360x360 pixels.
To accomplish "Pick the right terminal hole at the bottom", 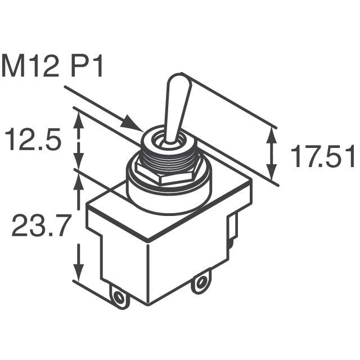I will point(201,283).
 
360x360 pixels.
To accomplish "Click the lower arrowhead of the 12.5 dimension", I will point(79,162).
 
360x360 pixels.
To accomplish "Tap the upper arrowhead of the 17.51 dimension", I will point(272,135).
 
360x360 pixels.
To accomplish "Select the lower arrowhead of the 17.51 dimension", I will point(272,172).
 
